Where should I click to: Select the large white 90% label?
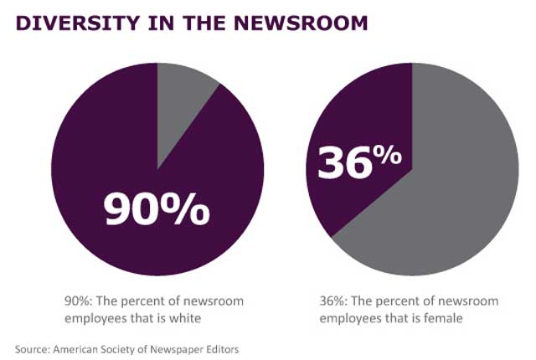click(157, 208)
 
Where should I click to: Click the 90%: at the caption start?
click(78, 300)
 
